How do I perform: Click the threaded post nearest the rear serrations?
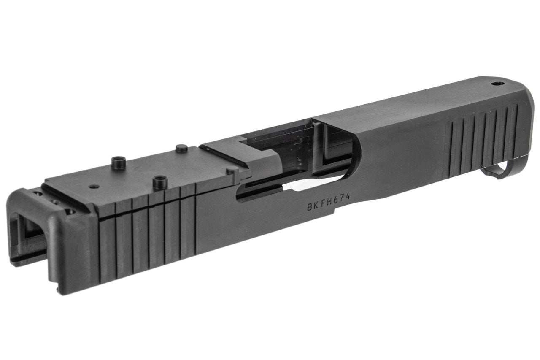(x=159, y=182)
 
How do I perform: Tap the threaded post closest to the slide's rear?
(x=117, y=162)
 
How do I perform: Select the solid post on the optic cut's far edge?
(x=181, y=148)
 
